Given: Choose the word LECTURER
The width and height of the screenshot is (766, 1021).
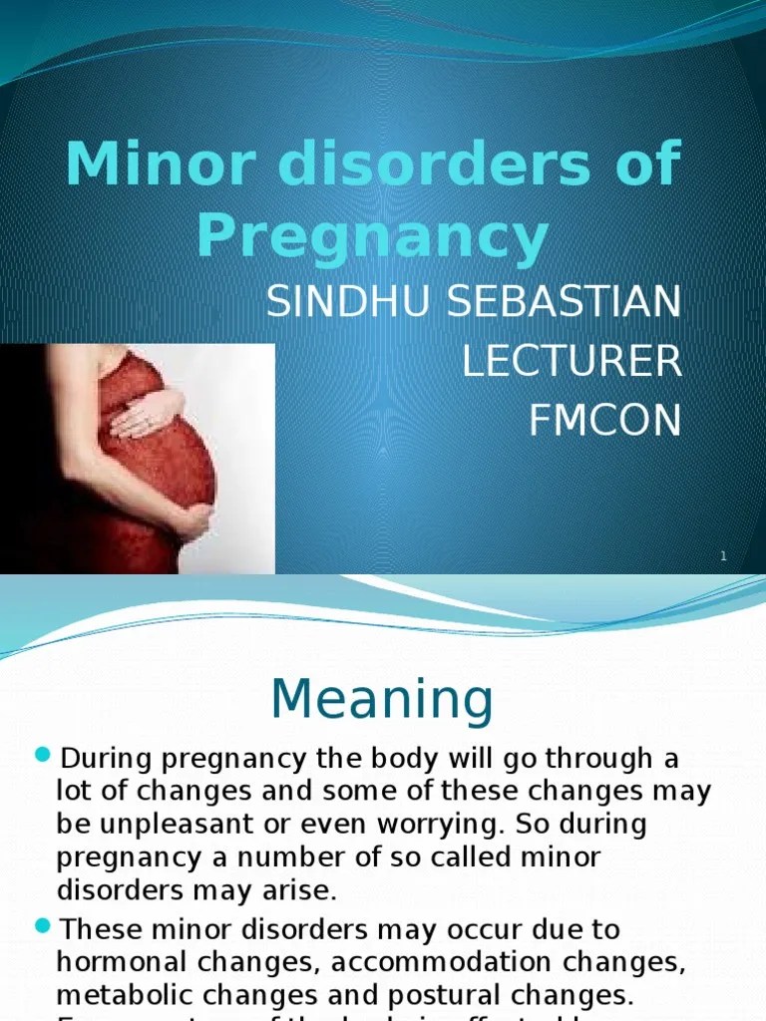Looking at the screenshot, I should [x=572, y=363].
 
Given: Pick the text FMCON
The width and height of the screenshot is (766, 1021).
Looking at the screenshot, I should [x=604, y=422].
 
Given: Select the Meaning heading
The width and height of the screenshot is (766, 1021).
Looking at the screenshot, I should [x=382, y=700].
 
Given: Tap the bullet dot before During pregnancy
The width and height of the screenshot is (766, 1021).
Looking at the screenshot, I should [x=42, y=755].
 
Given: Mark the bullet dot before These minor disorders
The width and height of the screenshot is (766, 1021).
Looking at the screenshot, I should [x=42, y=926].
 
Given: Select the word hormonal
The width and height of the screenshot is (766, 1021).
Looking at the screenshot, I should [x=123, y=962].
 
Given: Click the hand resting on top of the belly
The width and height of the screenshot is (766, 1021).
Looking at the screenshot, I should [x=146, y=413].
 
